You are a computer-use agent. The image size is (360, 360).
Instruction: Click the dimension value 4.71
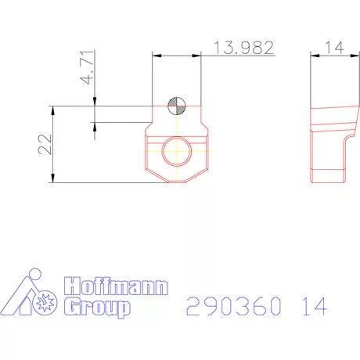(88, 68)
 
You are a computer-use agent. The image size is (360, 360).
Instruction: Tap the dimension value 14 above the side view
(334, 48)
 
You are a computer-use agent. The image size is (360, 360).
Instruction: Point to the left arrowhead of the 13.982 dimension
(156, 55)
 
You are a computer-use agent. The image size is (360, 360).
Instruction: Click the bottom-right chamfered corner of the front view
(205, 175)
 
